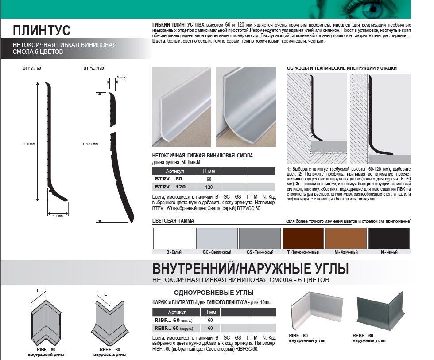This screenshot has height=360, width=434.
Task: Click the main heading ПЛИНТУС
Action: tap(42, 31)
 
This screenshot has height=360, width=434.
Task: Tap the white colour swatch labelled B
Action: tap(174, 239)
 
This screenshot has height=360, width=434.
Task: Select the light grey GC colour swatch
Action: tap(217, 239)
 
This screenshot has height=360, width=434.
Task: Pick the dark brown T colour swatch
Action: tap(303, 239)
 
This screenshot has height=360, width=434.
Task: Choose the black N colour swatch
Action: tap(389, 239)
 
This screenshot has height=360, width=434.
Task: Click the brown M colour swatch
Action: tap(346, 239)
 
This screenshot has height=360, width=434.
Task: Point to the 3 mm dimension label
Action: tap(121, 77)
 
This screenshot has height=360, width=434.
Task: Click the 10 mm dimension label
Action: tap(58, 216)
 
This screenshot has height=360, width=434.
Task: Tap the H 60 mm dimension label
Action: tap(29, 144)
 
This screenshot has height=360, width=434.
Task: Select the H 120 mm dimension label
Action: tap(90, 144)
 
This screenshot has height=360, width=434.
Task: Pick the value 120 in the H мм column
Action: tap(209, 187)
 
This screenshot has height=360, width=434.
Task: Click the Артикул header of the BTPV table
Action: tap(175, 171)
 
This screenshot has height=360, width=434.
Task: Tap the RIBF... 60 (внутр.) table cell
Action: tap(174, 321)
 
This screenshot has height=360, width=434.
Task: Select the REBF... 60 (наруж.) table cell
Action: tap(174, 329)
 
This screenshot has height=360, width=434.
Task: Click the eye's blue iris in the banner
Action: tap(373, 9)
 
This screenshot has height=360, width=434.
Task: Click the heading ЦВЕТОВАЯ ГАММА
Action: tap(173, 221)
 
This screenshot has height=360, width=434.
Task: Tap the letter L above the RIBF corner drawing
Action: tap(38, 291)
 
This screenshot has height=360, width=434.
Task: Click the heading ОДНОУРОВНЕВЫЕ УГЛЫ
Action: tap(213, 293)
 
